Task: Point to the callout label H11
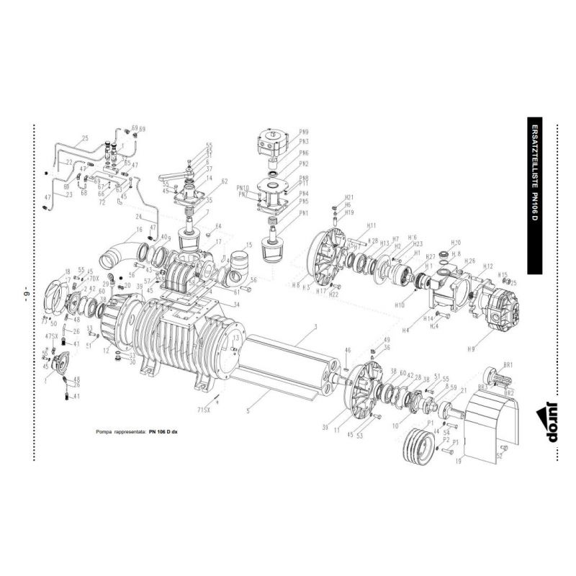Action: (351, 225)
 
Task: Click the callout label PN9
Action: (304, 132)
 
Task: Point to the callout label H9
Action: (492, 349)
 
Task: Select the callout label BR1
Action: (508, 365)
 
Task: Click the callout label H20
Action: (455, 243)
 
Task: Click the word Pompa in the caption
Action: (106, 433)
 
